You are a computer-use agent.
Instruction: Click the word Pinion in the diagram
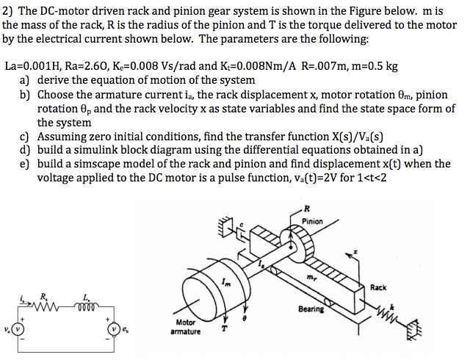click(311, 220)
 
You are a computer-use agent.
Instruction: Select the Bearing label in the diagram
click(311, 309)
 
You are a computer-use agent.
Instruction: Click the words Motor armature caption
click(185, 327)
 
